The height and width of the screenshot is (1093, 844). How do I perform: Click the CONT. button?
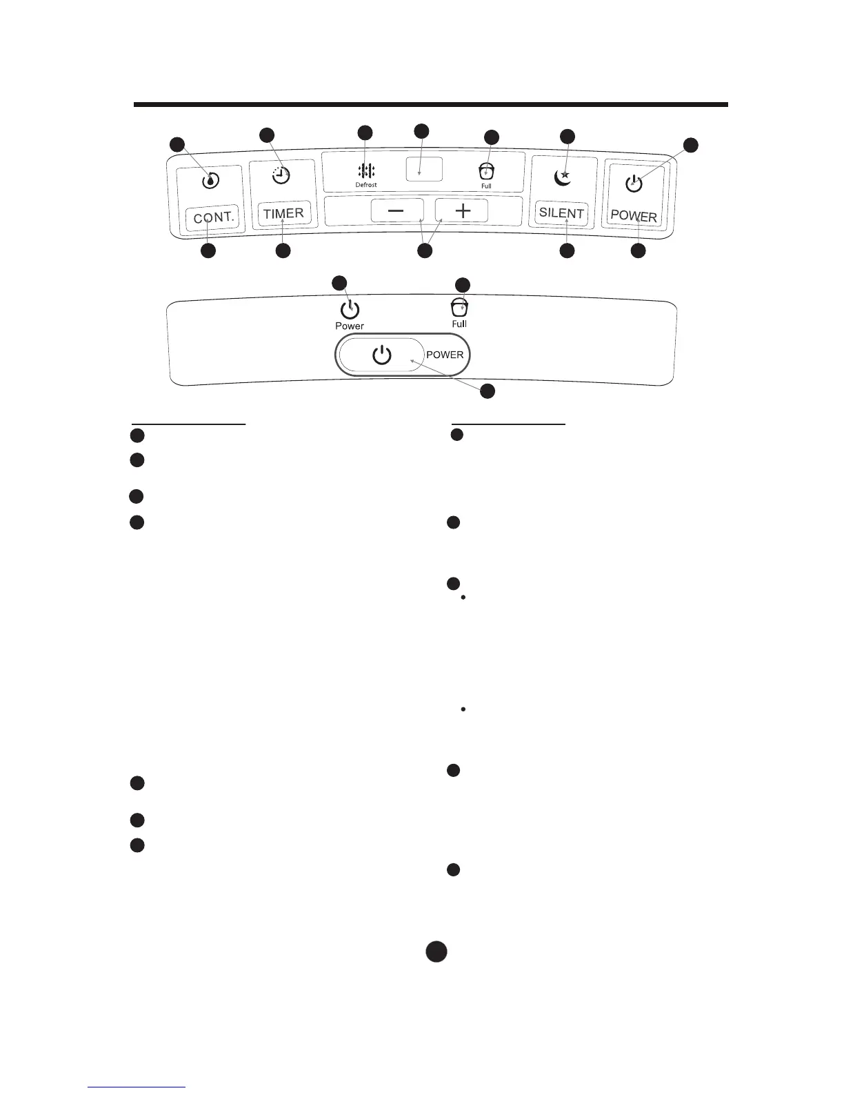point(214,218)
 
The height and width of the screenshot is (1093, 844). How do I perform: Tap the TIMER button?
point(283,213)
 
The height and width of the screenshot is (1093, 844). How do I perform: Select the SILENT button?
point(561,213)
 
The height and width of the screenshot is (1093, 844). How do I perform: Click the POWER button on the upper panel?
point(634,215)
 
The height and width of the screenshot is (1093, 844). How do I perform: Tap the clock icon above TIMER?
point(281,175)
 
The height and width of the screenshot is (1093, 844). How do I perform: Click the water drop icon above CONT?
point(211,181)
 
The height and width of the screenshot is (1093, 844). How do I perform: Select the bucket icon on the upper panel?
point(487,171)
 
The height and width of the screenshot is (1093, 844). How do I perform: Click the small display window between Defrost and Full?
point(424,169)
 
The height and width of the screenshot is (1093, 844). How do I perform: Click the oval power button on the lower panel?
point(381,355)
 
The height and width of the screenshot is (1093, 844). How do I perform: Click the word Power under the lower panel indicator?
point(350,326)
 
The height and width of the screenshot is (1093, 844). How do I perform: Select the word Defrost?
point(366,185)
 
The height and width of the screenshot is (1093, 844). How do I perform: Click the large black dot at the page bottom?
point(436,951)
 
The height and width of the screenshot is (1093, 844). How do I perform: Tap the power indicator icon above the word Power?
point(350,309)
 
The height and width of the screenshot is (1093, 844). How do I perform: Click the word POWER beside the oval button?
point(445,355)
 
